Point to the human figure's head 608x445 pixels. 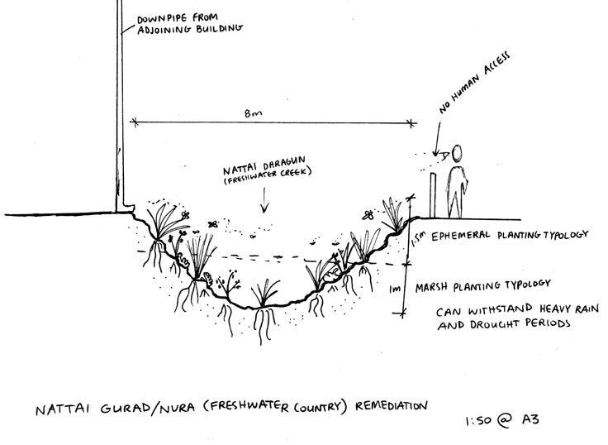click(456, 154)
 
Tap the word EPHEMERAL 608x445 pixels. click(460, 236)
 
